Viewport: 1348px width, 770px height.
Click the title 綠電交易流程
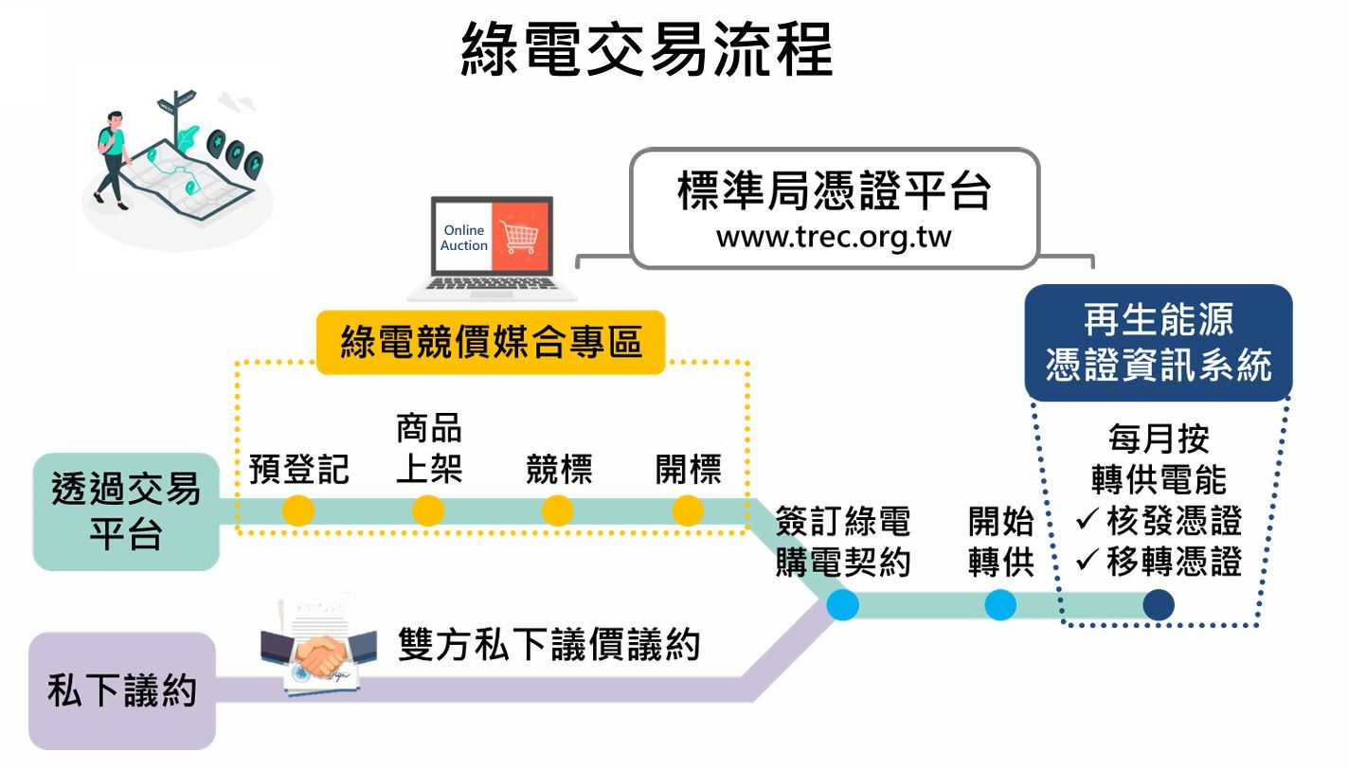pos(647,49)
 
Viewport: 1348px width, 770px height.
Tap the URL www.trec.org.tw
pos(833,236)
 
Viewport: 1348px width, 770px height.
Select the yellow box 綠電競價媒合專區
pos(491,341)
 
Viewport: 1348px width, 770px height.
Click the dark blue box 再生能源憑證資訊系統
pos(1158,343)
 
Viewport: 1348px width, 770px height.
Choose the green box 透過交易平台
pos(126,511)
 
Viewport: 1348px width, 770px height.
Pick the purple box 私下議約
pos(122,691)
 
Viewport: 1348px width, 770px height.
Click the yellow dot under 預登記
pos(298,510)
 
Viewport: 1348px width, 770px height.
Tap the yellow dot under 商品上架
pos(428,510)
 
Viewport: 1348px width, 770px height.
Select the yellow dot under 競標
pos(558,510)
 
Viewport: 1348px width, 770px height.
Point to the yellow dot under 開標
pos(688,510)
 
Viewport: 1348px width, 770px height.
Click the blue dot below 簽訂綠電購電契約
pos(842,604)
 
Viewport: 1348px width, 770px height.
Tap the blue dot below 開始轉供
pos(1000,604)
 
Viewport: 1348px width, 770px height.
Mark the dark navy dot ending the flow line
pos(1158,604)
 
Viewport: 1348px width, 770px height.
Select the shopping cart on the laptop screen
pos(518,236)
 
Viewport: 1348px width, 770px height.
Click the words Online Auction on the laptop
pos(464,238)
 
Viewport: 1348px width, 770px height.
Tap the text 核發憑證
pos(1173,522)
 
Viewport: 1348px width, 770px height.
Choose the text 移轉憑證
pos(1173,563)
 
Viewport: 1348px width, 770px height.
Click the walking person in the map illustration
pos(113,156)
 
